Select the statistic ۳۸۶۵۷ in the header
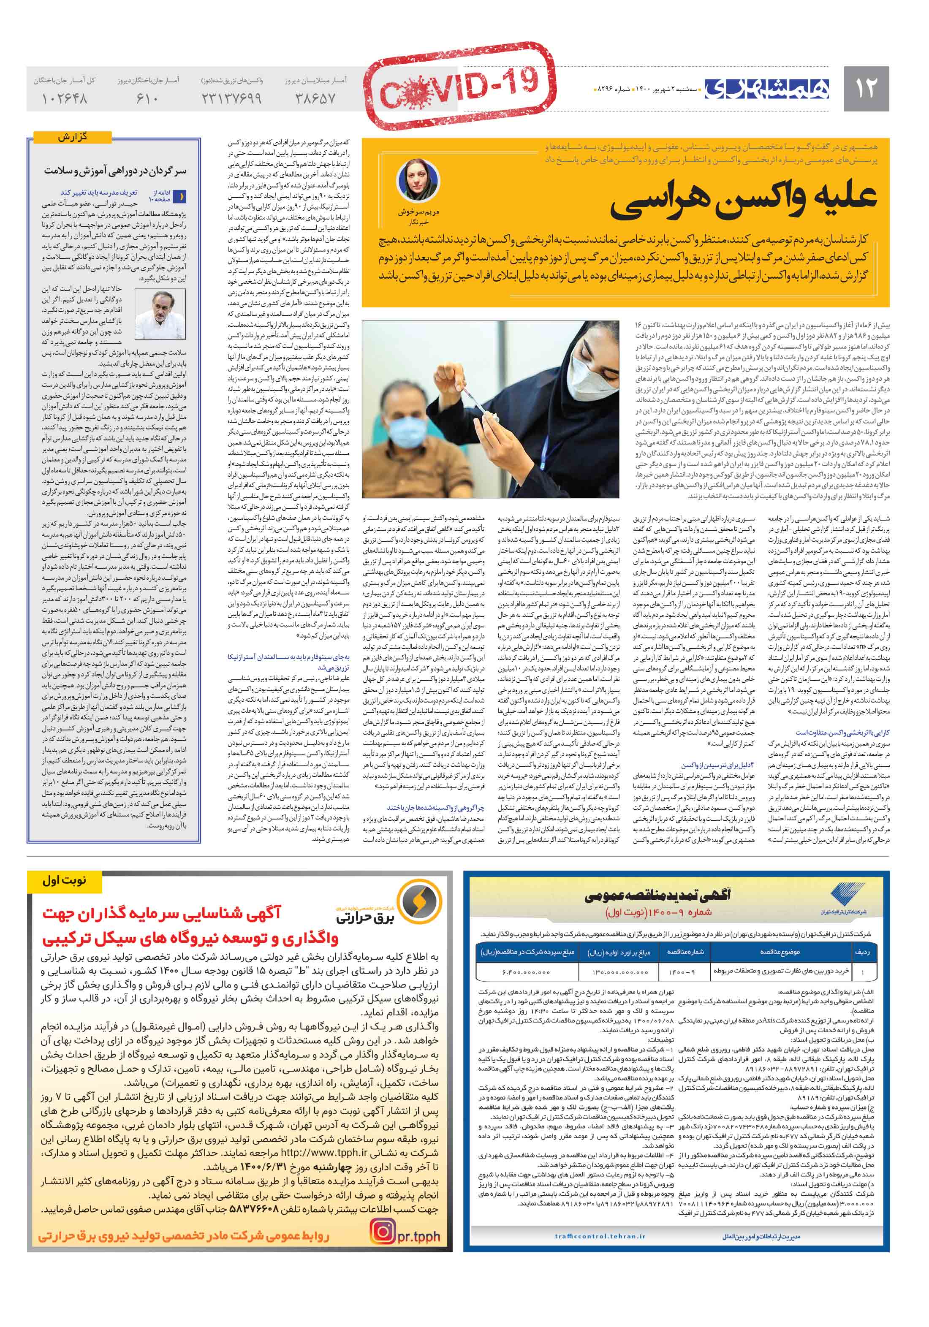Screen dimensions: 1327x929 coord(315,99)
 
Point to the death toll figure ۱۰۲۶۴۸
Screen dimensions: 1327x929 coord(64,99)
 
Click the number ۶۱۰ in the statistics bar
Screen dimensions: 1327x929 coord(148,99)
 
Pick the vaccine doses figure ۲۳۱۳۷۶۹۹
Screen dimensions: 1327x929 coord(231,99)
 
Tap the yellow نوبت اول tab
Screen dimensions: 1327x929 coord(64,881)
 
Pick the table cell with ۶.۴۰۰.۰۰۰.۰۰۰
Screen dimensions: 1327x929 coord(526,972)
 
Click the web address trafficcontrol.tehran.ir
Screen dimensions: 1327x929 coord(600,1236)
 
